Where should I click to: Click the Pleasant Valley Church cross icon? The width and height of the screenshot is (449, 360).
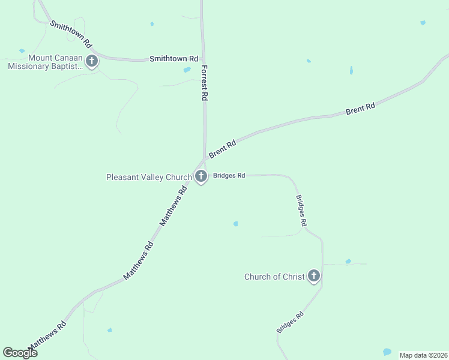201,176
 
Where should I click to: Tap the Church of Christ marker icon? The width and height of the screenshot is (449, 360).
313,276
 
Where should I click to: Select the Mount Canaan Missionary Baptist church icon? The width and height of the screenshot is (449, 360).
92,61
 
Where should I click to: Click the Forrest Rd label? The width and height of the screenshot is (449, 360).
205,83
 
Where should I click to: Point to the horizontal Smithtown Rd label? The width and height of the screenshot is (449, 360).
173,59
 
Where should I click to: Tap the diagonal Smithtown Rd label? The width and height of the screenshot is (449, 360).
71,34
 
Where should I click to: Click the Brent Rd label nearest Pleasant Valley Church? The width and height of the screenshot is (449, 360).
222,149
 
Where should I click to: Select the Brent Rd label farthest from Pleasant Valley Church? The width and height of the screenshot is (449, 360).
360,109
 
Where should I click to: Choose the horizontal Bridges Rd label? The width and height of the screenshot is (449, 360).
228,176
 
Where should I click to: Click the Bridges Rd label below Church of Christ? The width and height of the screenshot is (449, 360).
291,322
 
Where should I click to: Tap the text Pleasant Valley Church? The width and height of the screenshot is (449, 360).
149,177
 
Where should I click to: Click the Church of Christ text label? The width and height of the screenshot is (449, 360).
274,277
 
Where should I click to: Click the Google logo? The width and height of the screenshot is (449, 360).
20,352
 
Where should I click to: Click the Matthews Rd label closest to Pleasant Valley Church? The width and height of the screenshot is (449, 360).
173,205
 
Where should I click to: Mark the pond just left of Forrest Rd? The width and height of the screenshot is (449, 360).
187,70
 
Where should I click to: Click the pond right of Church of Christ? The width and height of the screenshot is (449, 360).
348,262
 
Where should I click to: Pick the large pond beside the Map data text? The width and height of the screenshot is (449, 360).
387,352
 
